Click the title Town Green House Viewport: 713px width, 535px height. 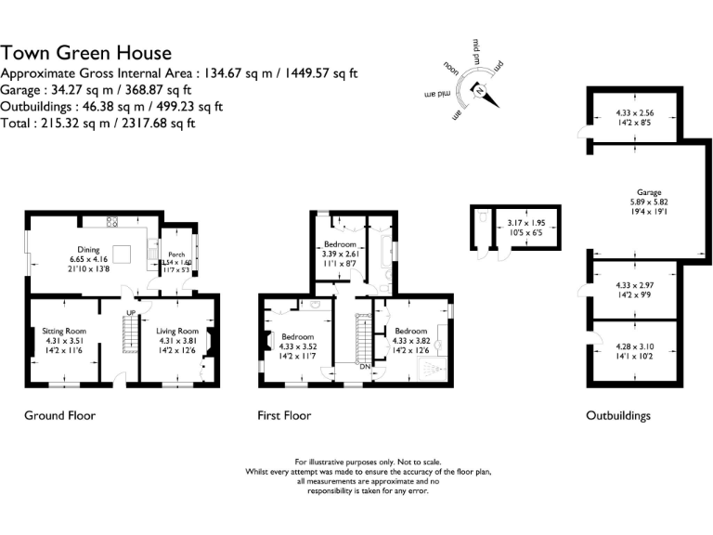(x=86, y=53)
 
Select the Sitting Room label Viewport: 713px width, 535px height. (x=63, y=331)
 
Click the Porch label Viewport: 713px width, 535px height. (x=176, y=254)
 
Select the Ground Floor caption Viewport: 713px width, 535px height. (x=59, y=415)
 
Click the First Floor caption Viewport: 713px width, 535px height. (x=284, y=415)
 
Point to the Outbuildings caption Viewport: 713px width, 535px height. (x=618, y=415)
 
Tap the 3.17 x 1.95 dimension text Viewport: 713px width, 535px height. (x=525, y=223)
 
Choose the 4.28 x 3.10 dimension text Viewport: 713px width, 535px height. (x=635, y=347)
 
